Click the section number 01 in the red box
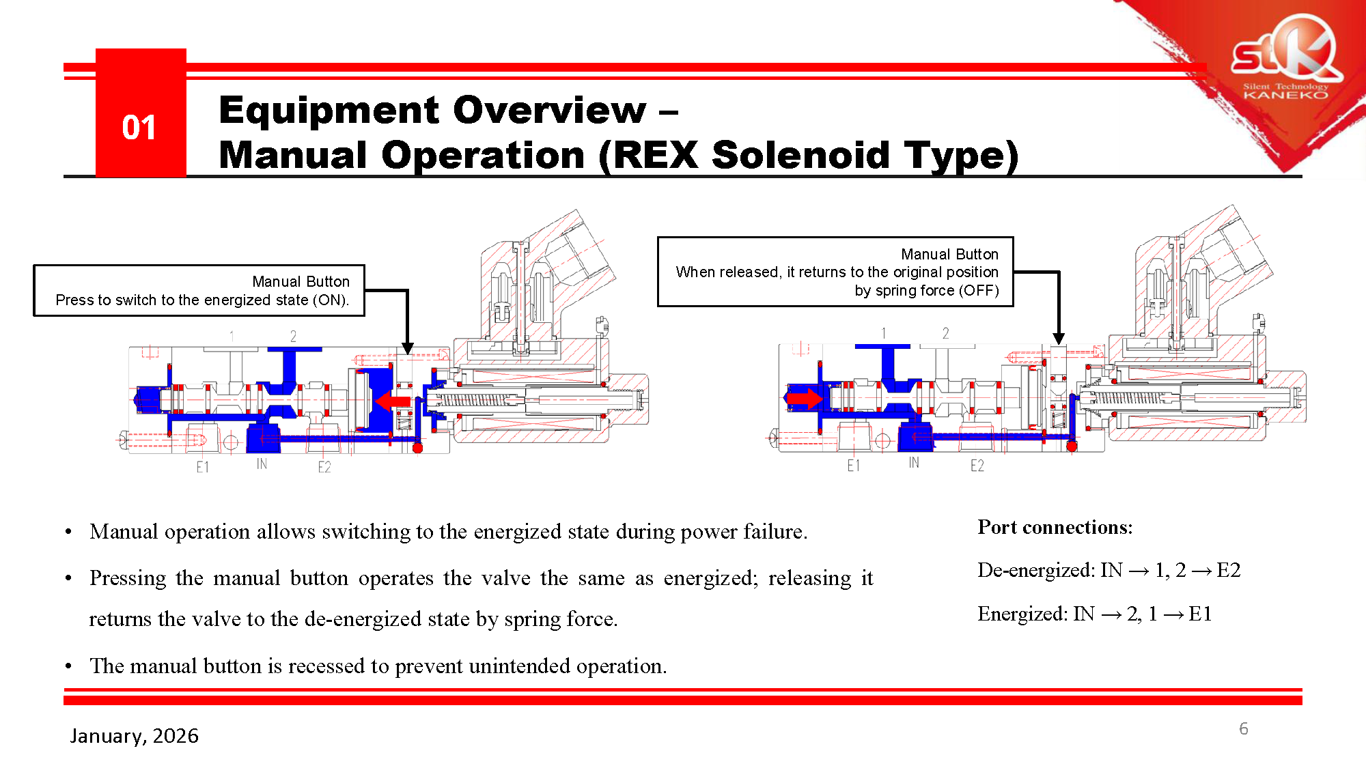click(139, 128)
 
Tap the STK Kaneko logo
click(1284, 61)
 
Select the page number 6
click(1243, 728)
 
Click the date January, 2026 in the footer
click(134, 736)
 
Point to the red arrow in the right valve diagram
click(805, 397)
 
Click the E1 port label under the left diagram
click(202, 467)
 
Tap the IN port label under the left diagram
click(262, 464)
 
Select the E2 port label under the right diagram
click(977, 466)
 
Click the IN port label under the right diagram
click(913, 463)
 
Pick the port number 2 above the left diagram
click(293, 336)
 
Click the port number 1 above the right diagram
click(883, 333)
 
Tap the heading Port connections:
click(1055, 527)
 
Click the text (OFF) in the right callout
click(979, 291)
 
